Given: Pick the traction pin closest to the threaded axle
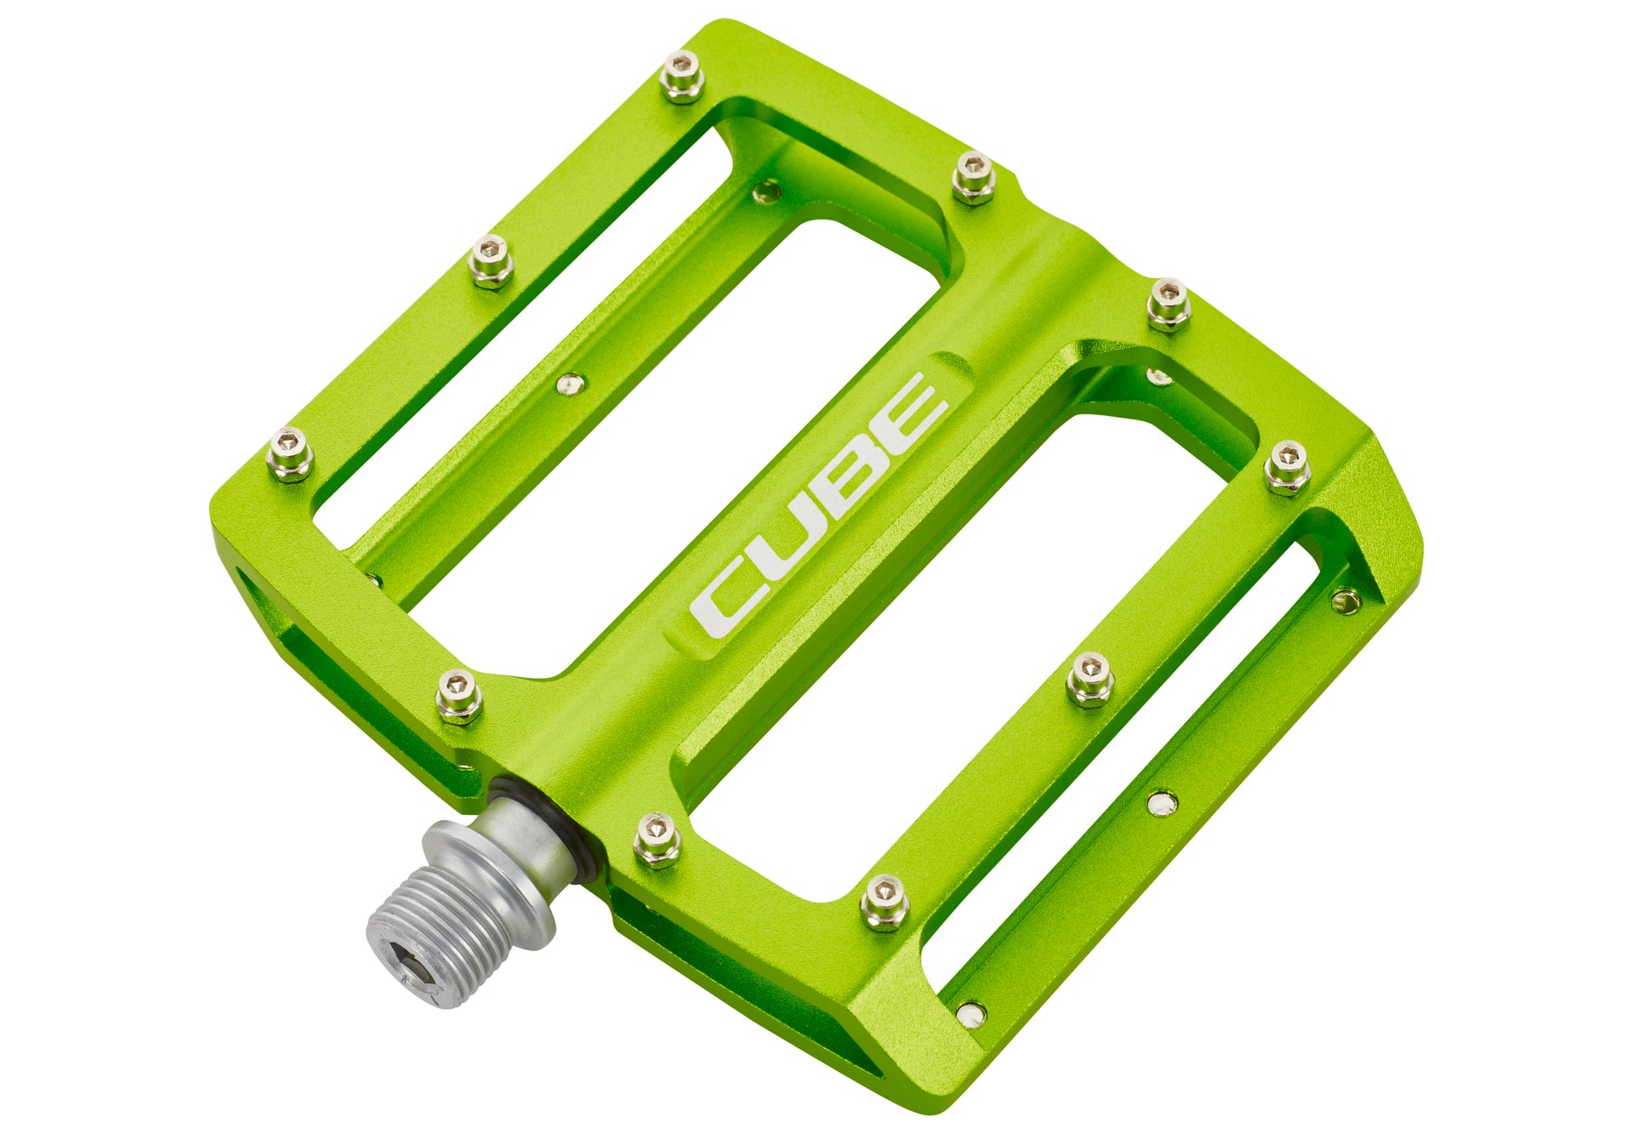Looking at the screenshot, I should pyautogui.click(x=657, y=837).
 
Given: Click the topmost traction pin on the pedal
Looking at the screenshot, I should pyautogui.click(x=682, y=74).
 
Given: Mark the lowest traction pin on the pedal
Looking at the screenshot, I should pyautogui.click(x=885, y=902).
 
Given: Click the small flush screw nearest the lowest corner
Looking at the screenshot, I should pyautogui.click(x=971, y=1012).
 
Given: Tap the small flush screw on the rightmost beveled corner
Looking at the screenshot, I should pyautogui.click(x=1346, y=601).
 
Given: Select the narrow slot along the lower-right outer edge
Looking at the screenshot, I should pyautogui.click(x=1123, y=766).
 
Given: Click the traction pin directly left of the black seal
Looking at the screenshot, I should pyautogui.click(x=458, y=694).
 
